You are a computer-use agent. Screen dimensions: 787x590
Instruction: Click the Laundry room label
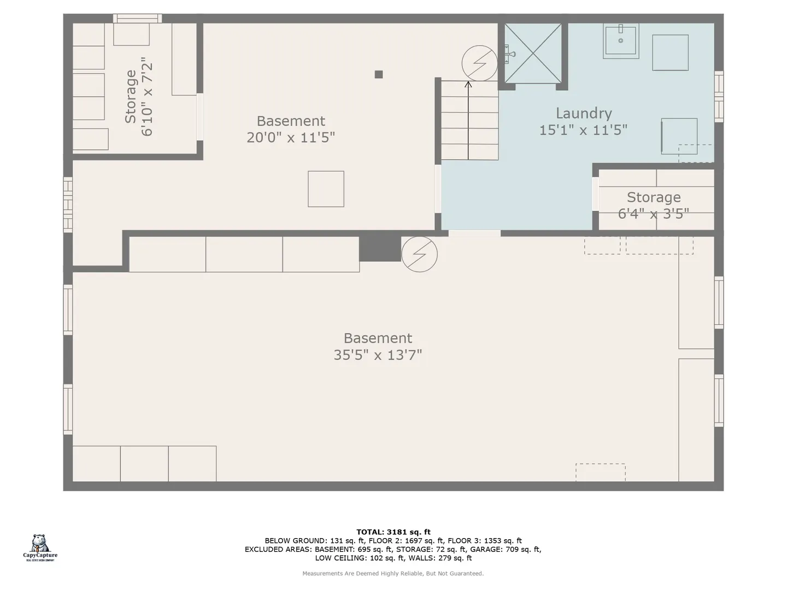(x=583, y=113)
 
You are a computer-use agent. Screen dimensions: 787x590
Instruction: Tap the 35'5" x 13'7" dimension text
(x=378, y=355)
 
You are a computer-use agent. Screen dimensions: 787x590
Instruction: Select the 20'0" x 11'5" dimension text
(x=290, y=137)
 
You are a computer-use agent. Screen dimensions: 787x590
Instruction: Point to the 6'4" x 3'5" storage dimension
(x=653, y=214)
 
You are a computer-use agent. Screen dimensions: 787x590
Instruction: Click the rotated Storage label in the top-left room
(x=131, y=97)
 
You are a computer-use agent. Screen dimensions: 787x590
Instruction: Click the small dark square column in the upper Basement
(x=379, y=74)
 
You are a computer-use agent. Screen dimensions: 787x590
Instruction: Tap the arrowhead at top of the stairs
(x=468, y=84)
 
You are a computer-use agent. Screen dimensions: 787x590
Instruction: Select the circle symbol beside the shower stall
(x=479, y=63)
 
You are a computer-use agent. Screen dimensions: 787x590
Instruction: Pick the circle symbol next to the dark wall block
(x=419, y=254)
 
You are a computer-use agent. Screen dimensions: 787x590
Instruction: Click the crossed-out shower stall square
(x=533, y=54)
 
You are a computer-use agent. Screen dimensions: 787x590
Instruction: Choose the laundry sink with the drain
(x=621, y=41)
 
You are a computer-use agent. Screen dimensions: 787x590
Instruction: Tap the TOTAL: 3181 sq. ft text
(x=393, y=532)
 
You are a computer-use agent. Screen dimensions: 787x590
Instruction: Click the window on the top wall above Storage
(x=137, y=19)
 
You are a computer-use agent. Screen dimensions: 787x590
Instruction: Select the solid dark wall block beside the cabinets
(x=380, y=249)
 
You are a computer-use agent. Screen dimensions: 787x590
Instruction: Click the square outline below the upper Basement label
(x=326, y=189)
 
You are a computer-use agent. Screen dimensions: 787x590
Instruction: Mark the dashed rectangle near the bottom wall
(x=601, y=473)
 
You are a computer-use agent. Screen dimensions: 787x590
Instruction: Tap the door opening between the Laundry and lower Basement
(x=474, y=233)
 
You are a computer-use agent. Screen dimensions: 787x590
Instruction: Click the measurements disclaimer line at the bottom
(x=393, y=574)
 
